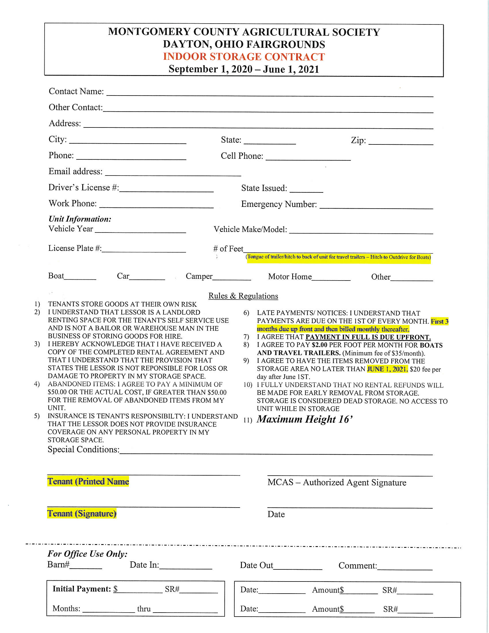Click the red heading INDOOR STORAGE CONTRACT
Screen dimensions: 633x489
pos(244,56)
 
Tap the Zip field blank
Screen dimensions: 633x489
pos(401,142)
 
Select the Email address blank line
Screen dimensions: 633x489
pos(173,173)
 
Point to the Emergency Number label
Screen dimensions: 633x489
pos(279,204)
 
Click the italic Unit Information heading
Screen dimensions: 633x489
pos(80,219)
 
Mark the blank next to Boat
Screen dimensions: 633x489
pos(80,277)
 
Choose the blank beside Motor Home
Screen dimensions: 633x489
pos(331,278)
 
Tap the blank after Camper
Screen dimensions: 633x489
pos(232,278)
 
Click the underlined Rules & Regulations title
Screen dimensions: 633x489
pos(243,296)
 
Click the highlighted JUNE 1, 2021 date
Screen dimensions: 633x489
pos(387,369)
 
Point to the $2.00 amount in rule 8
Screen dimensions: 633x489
pos(319,345)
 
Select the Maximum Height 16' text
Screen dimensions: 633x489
pos(304,420)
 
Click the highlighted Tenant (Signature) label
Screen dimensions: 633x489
pos(82,514)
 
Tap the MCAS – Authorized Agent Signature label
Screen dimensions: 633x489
pos(337,483)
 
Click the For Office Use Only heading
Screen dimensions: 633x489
pos(87,554)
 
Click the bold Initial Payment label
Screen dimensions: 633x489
pos(82,589)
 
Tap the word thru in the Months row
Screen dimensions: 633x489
pos(144,609)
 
